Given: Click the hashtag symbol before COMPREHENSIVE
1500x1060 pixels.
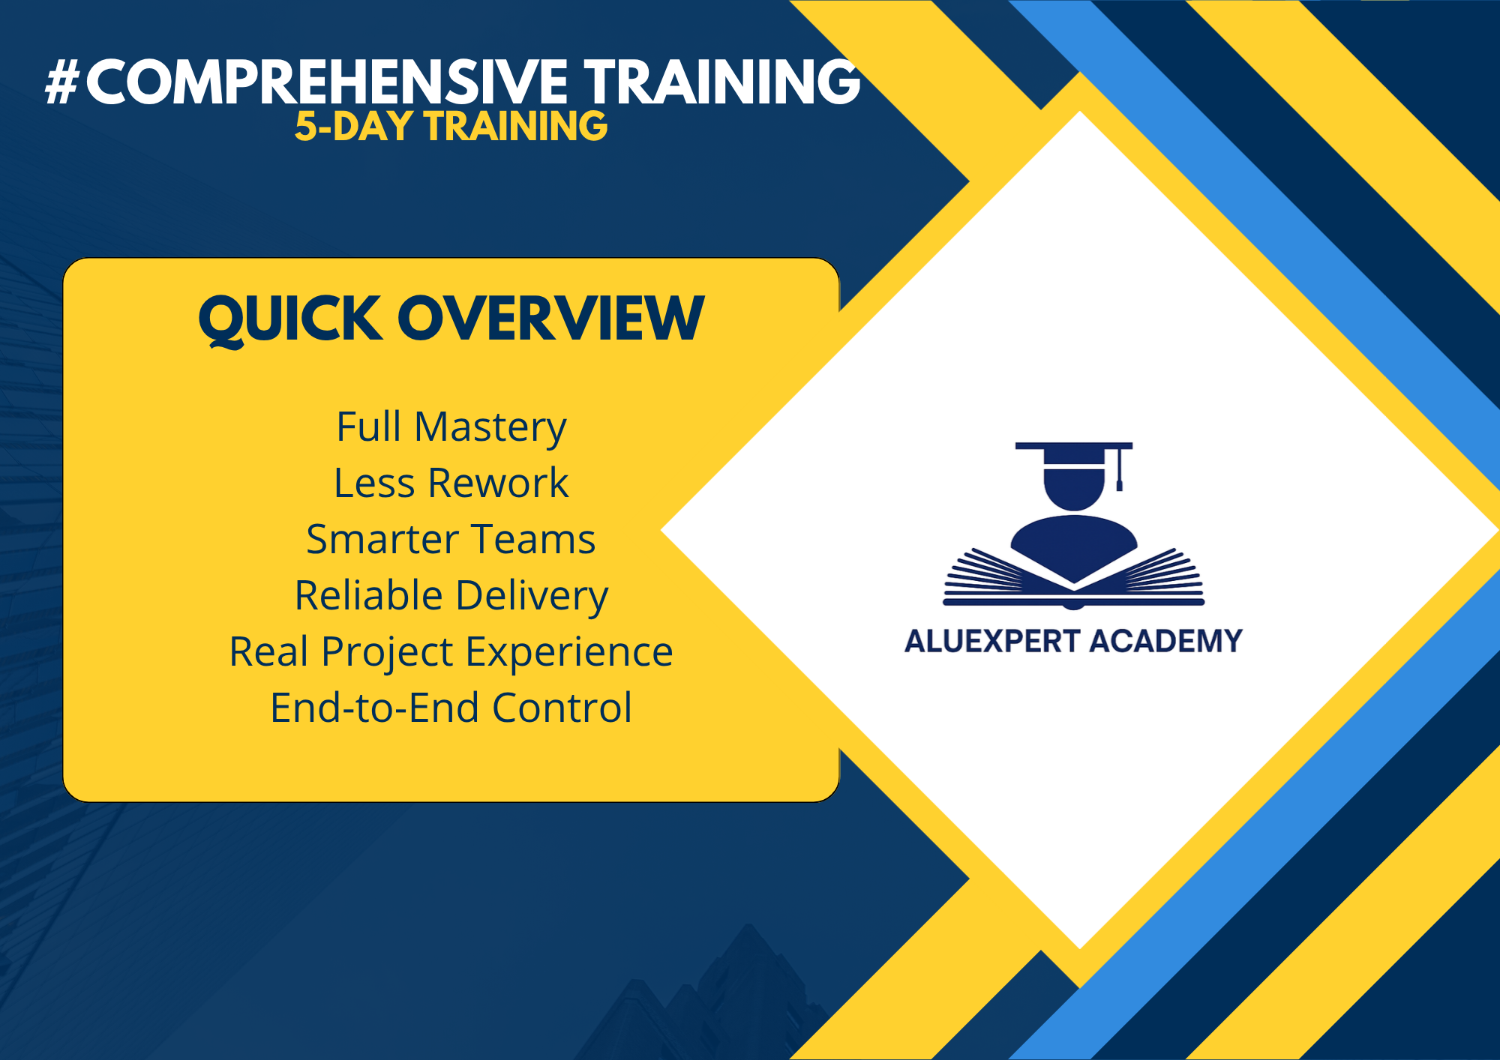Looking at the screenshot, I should click(x=62, y=82).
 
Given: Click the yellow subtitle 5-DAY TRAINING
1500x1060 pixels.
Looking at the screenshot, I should click(x=451, y=126).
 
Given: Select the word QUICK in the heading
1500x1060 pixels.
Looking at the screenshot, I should click(x=290, y=319).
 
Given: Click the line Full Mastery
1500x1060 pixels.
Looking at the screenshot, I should click(x=451, y=427).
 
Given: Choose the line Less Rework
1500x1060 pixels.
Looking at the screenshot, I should click(x=451, y=483).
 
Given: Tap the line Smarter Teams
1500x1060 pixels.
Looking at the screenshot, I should click(x=451, y=539).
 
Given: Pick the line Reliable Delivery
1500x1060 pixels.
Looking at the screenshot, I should click(x=451, y=596).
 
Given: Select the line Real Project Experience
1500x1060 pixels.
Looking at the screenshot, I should click(x=451, y=651).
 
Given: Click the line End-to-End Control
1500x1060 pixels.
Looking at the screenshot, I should click(x=451, y=708).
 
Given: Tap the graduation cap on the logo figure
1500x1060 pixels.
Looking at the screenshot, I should click(x=1073, y=454).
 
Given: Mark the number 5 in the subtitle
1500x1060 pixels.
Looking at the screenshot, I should click(x=305, y=126).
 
